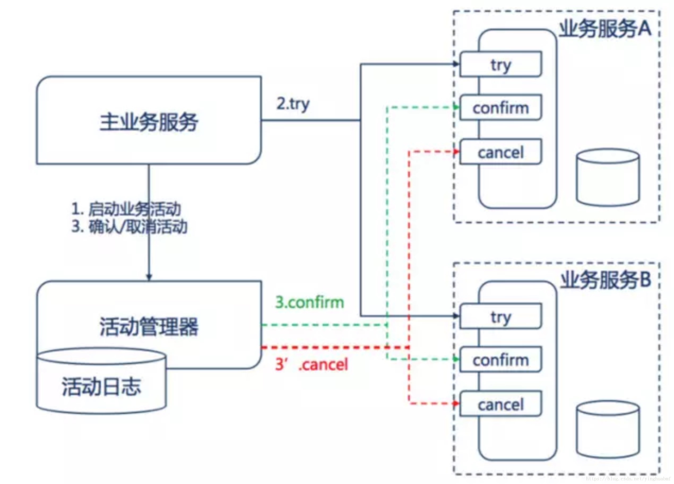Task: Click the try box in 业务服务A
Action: (x=500, y=64)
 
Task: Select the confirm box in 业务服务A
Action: (x=500, y=107)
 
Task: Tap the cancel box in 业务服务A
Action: (x=500, y=152)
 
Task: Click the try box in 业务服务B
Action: (x=500, y=316)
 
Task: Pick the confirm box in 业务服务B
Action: (x=500, y=360)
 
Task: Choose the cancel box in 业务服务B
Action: (x=500, y=404)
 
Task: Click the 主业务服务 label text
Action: (x=149, y=122)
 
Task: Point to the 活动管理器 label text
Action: (x=149, y=326)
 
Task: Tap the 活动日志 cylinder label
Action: (x=101, y=387)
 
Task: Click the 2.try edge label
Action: (x=293, y=104)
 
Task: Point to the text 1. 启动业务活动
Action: (x=126, y=209)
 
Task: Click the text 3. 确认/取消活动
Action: (x=129, y=227)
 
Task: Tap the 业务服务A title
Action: (x=605, y=29)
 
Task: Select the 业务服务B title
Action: (x=606, y=280)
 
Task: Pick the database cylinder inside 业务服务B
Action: (x=608, y=429)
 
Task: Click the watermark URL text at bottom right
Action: (x=628, y=479)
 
